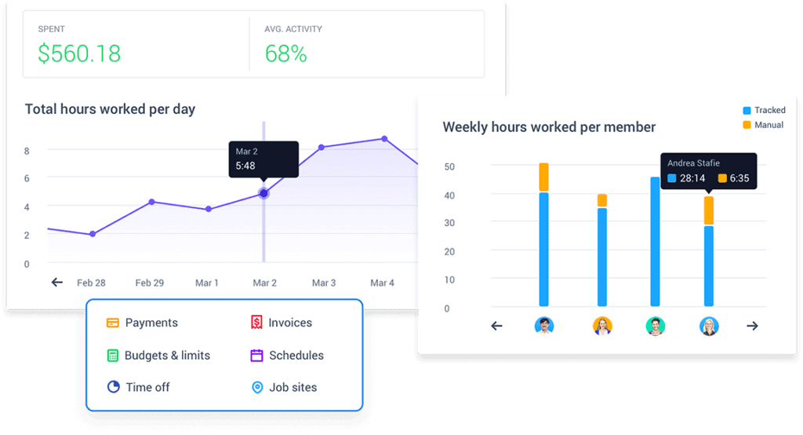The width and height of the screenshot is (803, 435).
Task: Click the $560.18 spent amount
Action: click(79, 53)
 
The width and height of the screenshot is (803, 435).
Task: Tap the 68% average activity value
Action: click(285, 53)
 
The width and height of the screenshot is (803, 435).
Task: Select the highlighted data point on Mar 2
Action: click(263, 193)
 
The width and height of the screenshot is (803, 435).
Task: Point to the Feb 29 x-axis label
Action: click(149, 283)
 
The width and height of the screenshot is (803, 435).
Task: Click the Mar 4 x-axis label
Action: click(382, 283)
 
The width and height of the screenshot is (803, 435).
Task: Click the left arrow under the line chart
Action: click(56, 283)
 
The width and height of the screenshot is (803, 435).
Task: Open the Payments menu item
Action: click(151, 323)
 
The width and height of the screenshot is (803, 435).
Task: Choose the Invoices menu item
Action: click(289, 323)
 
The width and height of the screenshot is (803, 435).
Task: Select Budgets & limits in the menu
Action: click(167, 356)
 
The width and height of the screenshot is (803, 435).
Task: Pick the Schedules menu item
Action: click(296, 356)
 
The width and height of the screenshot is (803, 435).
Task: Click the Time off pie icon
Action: click(113, 387)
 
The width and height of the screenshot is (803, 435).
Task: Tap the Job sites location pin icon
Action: click(256, 387)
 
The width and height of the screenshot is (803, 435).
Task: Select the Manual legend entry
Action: click(763, 125)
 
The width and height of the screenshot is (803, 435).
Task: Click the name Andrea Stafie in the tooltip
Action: click(693, 163)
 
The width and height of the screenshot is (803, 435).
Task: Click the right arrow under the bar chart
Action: click(752, 326)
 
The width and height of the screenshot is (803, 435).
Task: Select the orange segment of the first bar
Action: click(543, 177)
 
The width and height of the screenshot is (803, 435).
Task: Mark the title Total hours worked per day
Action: click(110, 109)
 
